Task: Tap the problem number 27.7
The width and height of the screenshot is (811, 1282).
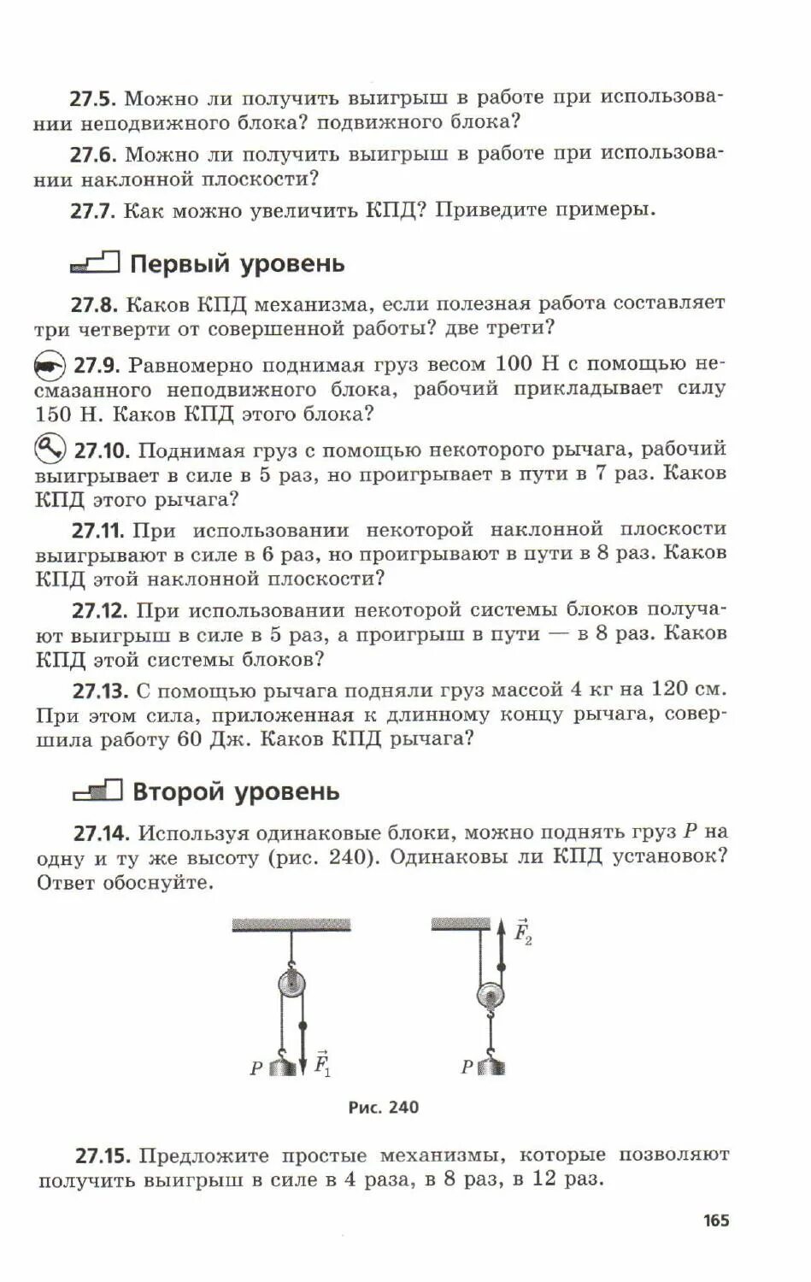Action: coord(92,210)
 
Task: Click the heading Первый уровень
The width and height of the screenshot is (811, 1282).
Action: coord(237,263)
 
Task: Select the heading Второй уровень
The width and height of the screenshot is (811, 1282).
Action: coord(236,791)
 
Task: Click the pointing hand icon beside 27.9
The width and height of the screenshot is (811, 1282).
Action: coord(50,366)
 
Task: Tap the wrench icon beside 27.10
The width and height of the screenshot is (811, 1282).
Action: coord(50,448)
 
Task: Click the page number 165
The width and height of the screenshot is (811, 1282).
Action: coord(716,1220)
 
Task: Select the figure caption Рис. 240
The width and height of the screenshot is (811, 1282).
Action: coord(384,1108)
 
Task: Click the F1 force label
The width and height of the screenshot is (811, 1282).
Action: coord(322,1063)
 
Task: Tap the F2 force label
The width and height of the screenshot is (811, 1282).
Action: coord(522,932)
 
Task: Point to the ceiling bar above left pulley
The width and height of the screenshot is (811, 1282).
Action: coord(291,924)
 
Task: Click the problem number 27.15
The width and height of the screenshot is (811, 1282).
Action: coord(103,1156)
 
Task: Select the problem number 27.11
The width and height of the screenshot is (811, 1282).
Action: coord(98,530)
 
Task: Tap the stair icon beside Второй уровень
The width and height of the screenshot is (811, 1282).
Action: coord(97,791)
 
